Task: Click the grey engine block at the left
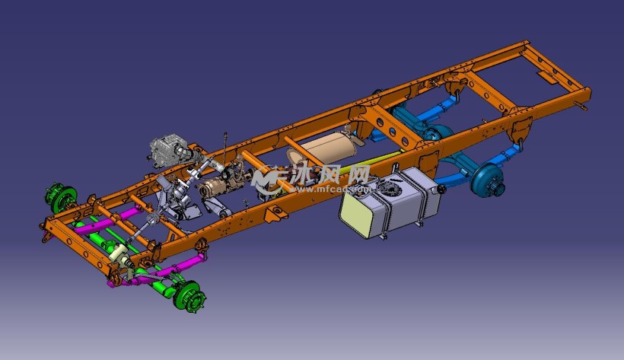[x=165, y=151]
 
